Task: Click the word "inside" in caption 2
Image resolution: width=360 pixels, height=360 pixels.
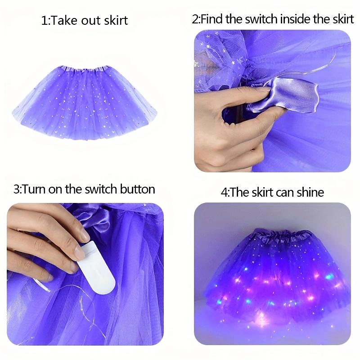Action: click(294, 19)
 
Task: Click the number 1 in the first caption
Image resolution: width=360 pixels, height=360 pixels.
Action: click(44, 21)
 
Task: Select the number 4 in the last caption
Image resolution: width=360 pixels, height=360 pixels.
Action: click(224, 193)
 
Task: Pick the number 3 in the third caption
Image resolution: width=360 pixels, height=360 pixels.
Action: click(17, 189)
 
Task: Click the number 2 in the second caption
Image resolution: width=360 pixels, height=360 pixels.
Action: click(195, 20)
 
